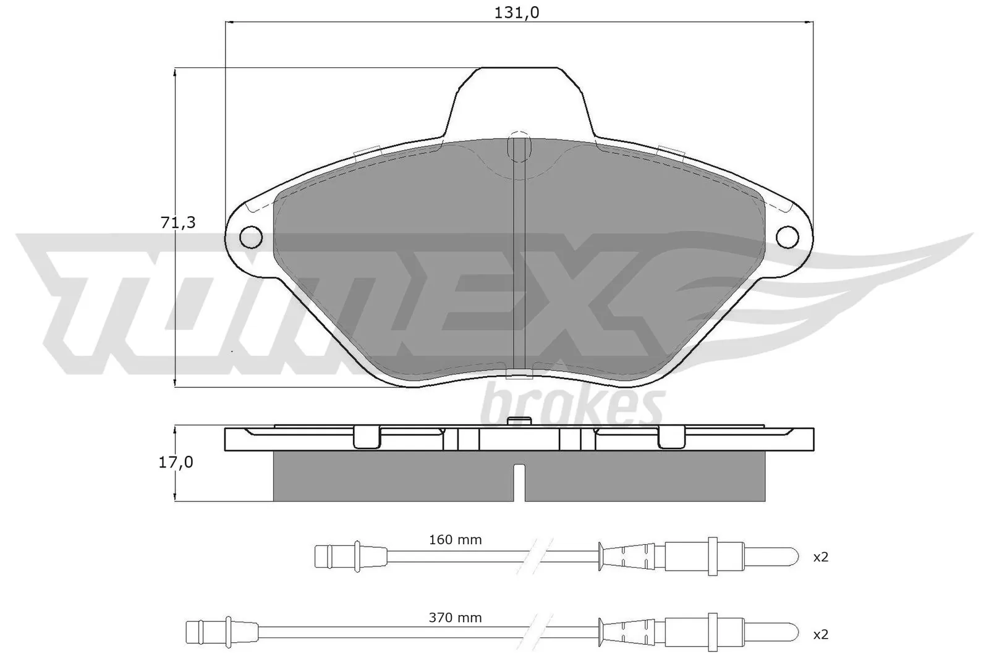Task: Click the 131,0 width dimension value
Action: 517,12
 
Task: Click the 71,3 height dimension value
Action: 178,223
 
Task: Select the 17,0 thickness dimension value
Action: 176,462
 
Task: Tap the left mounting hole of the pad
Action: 250,236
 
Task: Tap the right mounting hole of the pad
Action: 787,236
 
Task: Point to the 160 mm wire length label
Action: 455,540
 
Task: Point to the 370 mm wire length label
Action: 455,618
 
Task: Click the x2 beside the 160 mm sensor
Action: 820,557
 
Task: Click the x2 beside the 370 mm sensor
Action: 820,634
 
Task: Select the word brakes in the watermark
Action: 571,405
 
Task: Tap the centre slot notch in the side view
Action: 520,482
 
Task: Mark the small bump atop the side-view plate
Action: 519,421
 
